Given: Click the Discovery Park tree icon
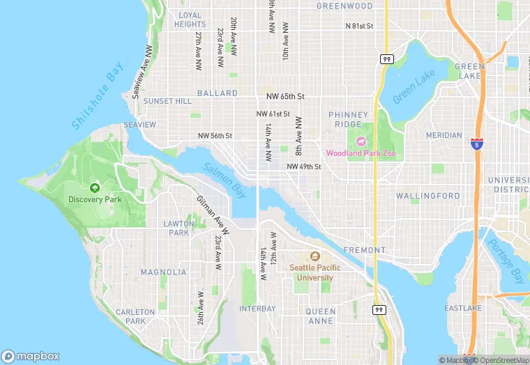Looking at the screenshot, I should (x=95, y=187).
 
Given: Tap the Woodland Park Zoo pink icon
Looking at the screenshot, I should (x=361, y=141).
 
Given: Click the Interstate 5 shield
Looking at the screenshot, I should (x=476, y=144).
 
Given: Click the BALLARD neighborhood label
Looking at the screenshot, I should (x=217, y=93).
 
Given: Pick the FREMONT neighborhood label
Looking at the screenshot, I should (x=363, y=249).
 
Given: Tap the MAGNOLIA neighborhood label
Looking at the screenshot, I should (x=163, y=272).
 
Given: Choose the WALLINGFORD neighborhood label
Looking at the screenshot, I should (x=428, y=196).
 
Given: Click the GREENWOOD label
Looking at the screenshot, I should (x=344, y=6).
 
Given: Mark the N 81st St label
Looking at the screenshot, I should (x=360, y=26).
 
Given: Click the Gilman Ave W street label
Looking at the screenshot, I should (x=211, y=212).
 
